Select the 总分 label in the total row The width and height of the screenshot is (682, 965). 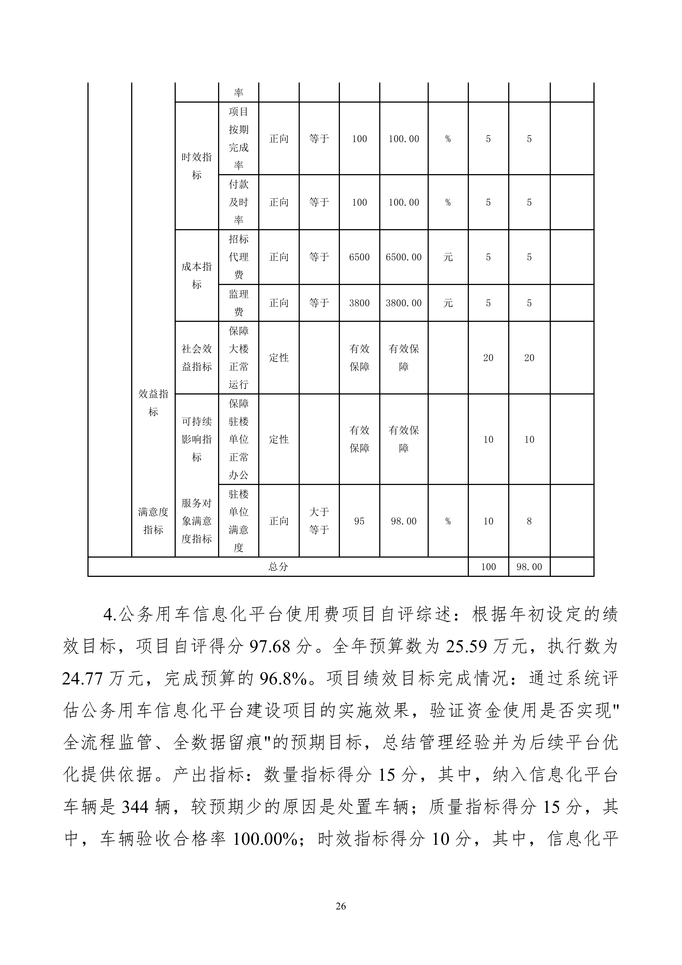click(278, 567)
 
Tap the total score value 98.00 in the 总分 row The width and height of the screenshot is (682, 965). click(529, 567)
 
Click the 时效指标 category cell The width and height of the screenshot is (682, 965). click(197, 166)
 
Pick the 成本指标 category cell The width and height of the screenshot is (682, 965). click(197, 275)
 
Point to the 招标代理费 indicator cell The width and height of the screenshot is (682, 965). click(239, 257)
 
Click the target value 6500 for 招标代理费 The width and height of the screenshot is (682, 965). click(359, 257)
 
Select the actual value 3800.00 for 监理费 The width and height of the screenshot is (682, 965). click(403, 303)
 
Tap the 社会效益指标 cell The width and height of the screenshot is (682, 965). click(197, 358)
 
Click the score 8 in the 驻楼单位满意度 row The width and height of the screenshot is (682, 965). click(529, 521)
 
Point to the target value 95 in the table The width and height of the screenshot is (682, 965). click(359, 521)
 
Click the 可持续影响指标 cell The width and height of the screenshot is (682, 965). click(197, 439)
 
